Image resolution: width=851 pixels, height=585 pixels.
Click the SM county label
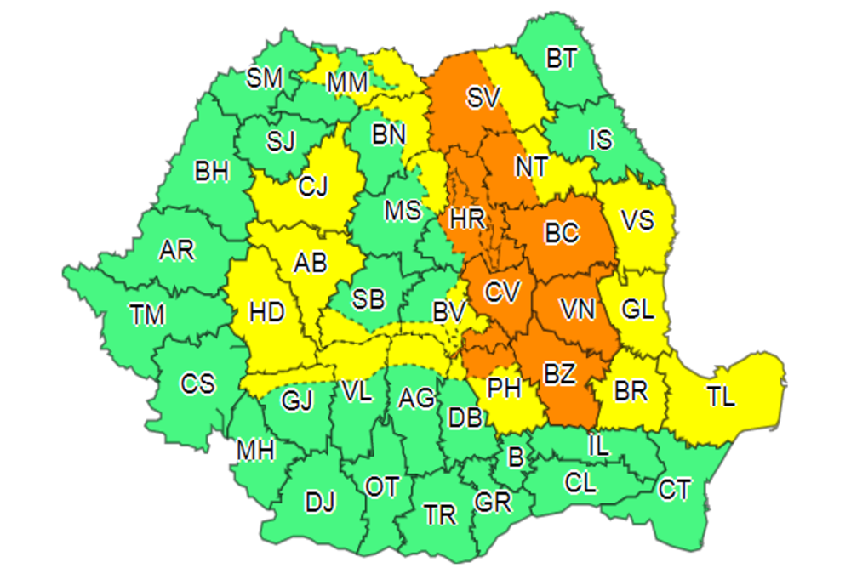tap(265, 79)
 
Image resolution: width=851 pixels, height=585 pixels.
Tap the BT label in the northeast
tap(561, 59)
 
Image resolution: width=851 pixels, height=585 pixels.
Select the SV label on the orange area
tap(483, 98)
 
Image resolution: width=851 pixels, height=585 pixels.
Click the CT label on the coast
tap(675, 489)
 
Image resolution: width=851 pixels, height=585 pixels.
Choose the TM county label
tap(147, 315)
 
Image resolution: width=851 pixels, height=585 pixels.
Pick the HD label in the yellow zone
tap(266, 313)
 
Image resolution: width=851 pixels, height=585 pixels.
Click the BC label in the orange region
tap(562, 231)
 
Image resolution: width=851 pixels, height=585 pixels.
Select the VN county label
tap(577, 310)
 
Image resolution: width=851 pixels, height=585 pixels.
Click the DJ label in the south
tap(320, 503)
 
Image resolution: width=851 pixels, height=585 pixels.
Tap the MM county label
tap(347, 82)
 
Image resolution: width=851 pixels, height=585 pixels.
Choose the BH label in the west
tap(212, 172)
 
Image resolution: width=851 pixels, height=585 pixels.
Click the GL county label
tap(637, 310)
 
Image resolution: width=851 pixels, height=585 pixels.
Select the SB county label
tap(368, 299)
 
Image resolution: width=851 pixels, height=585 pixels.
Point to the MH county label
tap(255, 451)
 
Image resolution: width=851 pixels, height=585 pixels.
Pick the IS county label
tap(601, 139)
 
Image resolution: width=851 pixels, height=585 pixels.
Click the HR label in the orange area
tap(467, 220)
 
